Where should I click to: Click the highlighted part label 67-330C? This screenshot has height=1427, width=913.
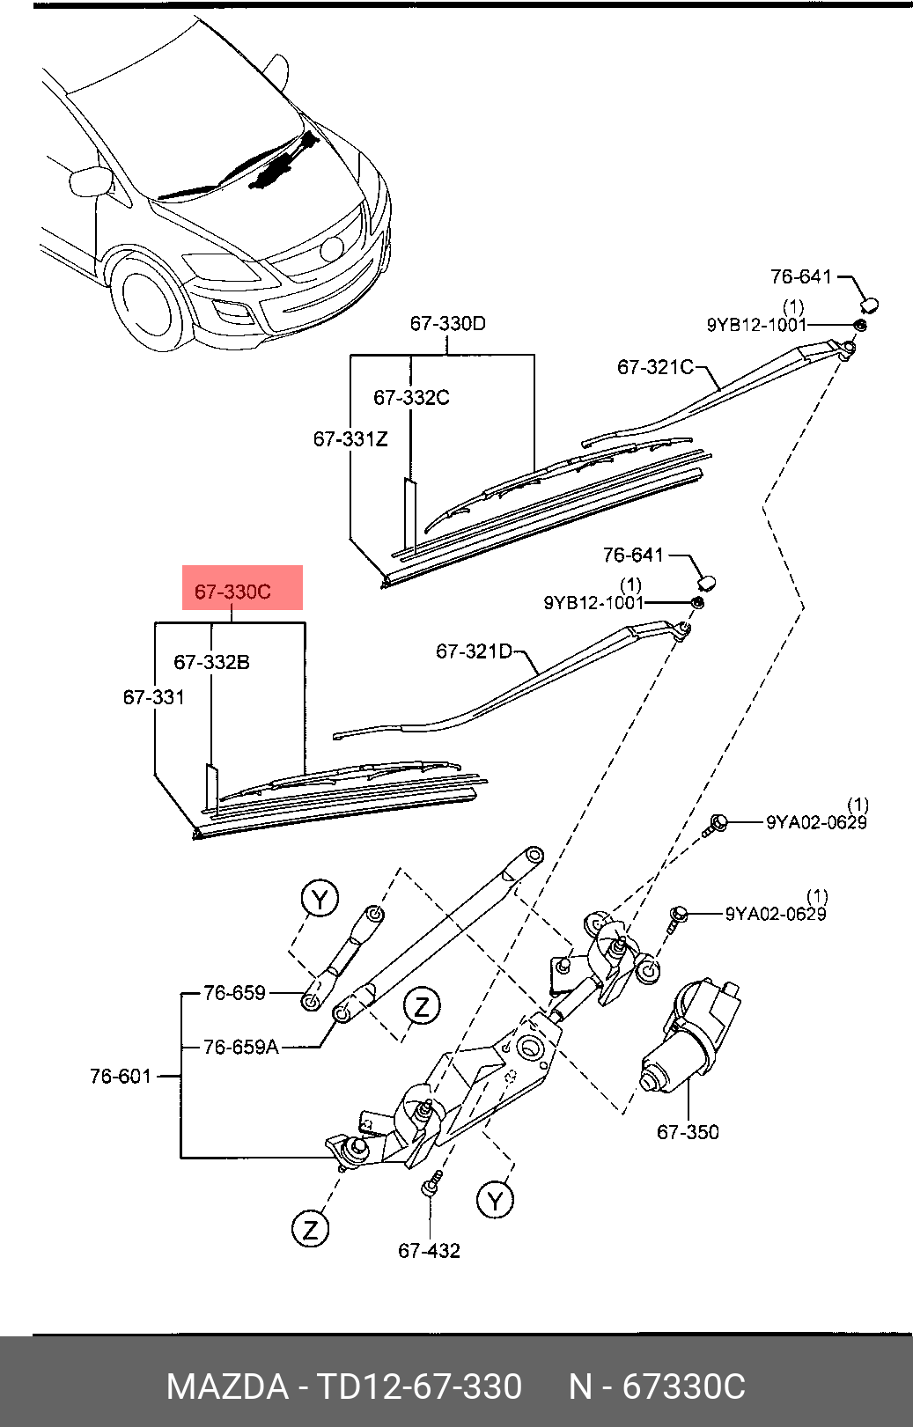coord(233,592)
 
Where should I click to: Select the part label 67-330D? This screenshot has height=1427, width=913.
coord(447,324)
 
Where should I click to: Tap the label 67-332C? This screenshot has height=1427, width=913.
coord(411,398)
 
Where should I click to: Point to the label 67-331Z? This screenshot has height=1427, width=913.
coord(350,438)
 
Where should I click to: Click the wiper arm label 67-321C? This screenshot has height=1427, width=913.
coord(655,367)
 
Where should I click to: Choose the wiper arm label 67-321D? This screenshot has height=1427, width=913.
coord(475,651)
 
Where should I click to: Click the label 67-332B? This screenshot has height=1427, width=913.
coord(211,662)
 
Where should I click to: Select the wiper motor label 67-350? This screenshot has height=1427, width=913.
coord(688,1132)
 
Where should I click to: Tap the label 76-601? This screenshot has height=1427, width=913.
coord(121,1076)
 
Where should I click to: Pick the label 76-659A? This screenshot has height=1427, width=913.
coord(240,1047)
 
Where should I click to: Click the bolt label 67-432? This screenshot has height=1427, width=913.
coord(429,1251)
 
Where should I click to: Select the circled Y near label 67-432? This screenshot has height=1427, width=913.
coord(495,1200)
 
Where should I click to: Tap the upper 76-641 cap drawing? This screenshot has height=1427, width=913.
coord(869,305)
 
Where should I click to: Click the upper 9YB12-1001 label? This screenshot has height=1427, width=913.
coord(756,325)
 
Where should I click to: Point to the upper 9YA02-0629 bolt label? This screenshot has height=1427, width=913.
coord(816,822)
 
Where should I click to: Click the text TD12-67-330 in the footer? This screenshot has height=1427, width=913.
coord(419,1387)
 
